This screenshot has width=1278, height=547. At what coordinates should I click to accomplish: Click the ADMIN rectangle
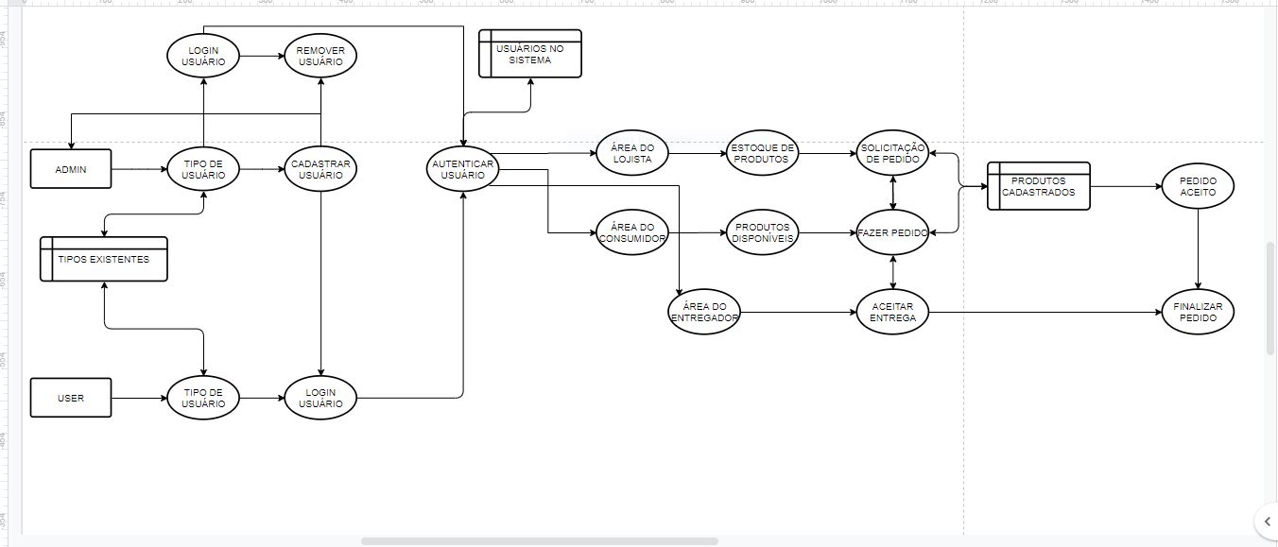71,169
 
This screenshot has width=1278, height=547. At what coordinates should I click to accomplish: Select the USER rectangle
71,398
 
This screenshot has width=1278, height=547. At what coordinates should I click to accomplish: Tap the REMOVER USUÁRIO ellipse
320,57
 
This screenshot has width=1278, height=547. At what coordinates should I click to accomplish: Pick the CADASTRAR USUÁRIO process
320,169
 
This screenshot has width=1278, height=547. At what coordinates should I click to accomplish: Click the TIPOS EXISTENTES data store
103,259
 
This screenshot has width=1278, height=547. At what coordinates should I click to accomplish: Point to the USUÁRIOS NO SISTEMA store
529,54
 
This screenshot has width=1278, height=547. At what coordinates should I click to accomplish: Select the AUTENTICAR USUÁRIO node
462,170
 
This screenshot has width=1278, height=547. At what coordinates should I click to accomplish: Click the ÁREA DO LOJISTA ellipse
632,153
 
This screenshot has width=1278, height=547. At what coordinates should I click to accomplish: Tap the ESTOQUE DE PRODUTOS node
762,153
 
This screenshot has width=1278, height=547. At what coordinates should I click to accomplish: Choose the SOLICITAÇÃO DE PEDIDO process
893,153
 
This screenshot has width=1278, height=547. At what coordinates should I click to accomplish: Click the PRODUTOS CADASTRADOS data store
1038,186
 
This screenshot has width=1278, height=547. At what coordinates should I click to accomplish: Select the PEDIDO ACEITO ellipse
1198,186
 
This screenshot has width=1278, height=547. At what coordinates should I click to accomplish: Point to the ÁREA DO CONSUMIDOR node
632,231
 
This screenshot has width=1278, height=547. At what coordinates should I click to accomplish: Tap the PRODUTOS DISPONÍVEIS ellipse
762,231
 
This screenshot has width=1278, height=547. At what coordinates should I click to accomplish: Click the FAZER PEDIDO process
893,231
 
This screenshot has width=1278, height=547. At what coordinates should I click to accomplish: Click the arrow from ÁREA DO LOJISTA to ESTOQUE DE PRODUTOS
697,153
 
